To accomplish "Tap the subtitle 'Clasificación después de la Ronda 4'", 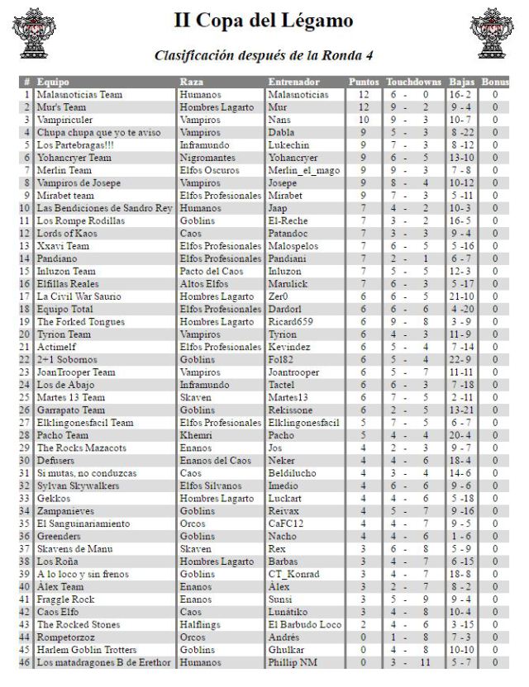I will [264, 55].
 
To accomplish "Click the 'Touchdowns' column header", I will [415, 83].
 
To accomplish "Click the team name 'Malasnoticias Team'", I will [79, 95].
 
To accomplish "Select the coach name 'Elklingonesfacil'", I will [304, 422].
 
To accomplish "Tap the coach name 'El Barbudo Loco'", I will [305, 625].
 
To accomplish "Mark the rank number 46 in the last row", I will [25, 662].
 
